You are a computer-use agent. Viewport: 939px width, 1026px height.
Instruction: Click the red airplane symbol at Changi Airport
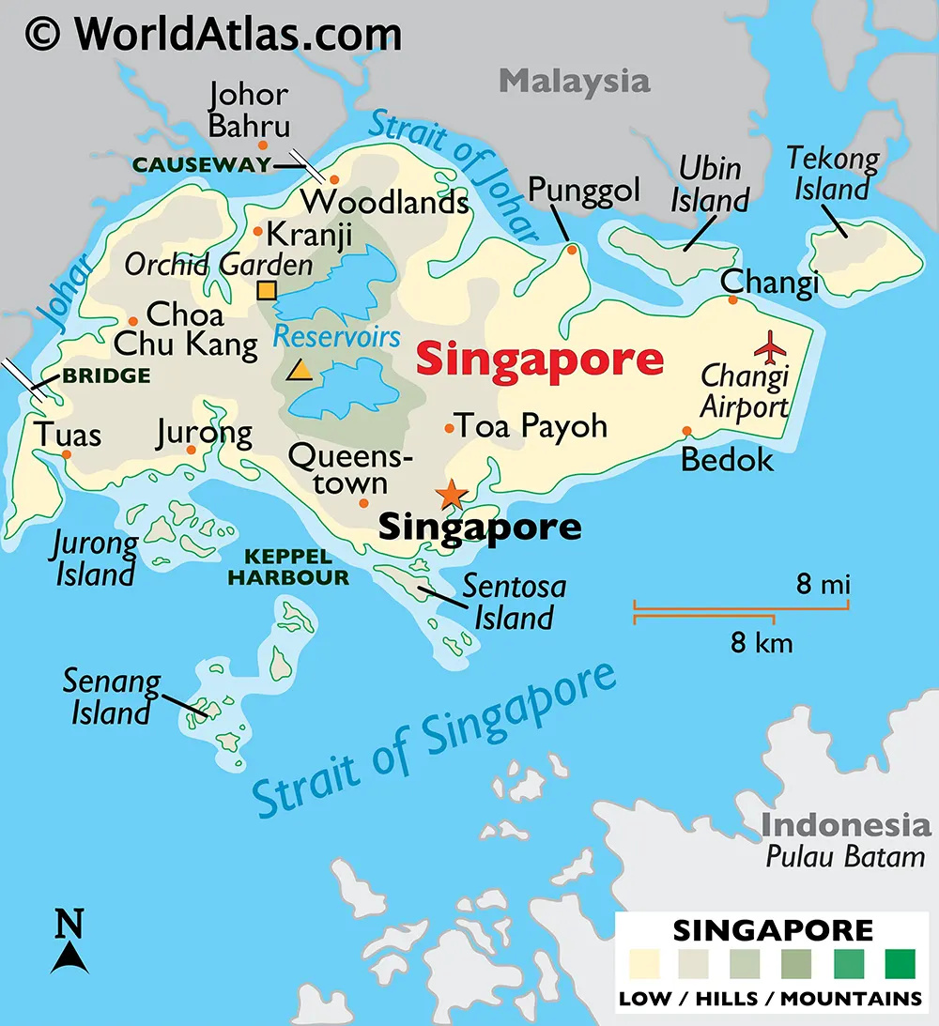[x=772, y=346]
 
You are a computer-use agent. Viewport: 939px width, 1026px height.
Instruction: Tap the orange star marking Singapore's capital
[x=452, y=493]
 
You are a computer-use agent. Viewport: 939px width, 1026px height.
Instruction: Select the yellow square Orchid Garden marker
[x=267, y=290]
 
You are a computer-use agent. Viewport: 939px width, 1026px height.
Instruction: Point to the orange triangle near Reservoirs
[x=300, y=370]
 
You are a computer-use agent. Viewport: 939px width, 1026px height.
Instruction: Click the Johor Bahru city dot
[x=263, y=145]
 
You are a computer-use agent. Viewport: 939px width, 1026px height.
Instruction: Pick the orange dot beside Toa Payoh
[x=450, y=429]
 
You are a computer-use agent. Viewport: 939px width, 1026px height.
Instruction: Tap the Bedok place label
[x=727, y=459]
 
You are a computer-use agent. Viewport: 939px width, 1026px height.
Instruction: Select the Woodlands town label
[x=384, y=201]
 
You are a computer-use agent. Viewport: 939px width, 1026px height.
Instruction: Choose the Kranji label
[x=309, y=234]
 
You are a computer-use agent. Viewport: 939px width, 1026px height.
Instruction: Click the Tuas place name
[x=68, y=435]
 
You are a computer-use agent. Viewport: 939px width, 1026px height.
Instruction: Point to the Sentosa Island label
[x=514, y=602]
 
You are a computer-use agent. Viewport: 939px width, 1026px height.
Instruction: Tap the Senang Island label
[x=111, y=697]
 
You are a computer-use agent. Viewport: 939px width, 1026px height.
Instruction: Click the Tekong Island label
[x=832, y=173]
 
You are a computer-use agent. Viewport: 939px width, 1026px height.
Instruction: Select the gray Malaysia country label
[x=574, y=81]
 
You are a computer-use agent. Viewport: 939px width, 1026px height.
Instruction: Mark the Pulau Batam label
[x=844, y=856]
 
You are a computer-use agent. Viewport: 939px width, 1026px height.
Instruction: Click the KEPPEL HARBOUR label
[x=287, y=568]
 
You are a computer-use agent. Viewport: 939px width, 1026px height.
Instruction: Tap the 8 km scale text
[x=762, y=643]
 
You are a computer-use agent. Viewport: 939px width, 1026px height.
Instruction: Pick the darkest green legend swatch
[x=899, y=963]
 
